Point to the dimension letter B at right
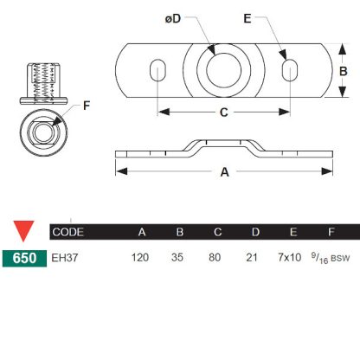coord(342,71)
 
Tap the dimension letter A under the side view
coord(224,171)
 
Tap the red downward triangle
coord(24,232)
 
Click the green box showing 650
coord(24,257)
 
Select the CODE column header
coord(69,232)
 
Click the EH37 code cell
coord(65,257)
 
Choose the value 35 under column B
coord(179,257)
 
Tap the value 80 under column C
coord(216,257)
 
